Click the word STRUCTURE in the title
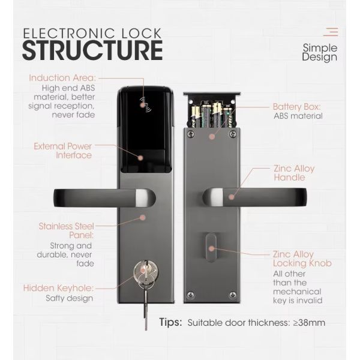92,50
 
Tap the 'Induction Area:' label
63,78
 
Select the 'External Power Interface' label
62,150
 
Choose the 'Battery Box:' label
296,106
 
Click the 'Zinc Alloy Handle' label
294,173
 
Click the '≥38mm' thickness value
308,323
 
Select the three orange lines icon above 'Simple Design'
331,32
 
